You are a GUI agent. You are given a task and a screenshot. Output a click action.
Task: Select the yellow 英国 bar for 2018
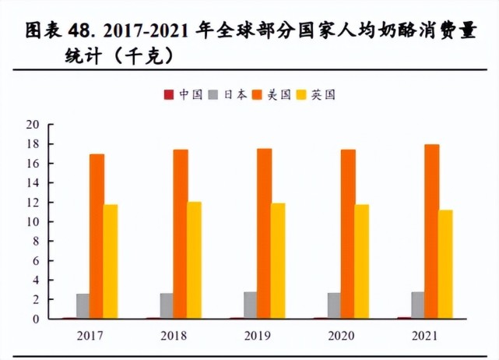(x=194, y=260)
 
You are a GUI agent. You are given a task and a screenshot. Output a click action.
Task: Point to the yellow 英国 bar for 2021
(x=445, y=264)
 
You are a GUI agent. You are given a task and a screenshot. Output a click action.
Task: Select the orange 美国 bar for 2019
(x=265, y=234)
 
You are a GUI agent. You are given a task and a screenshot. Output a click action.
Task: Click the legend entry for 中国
(x=184, y=94)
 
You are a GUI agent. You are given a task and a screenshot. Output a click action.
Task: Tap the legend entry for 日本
(x=228, y=94)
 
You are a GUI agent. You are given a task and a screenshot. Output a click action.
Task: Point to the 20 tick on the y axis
(x=33, y=125)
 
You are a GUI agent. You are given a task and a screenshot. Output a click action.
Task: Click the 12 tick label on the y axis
(x=33, y=203)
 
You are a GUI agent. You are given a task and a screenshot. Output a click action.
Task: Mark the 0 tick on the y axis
(x=36, y=319)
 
